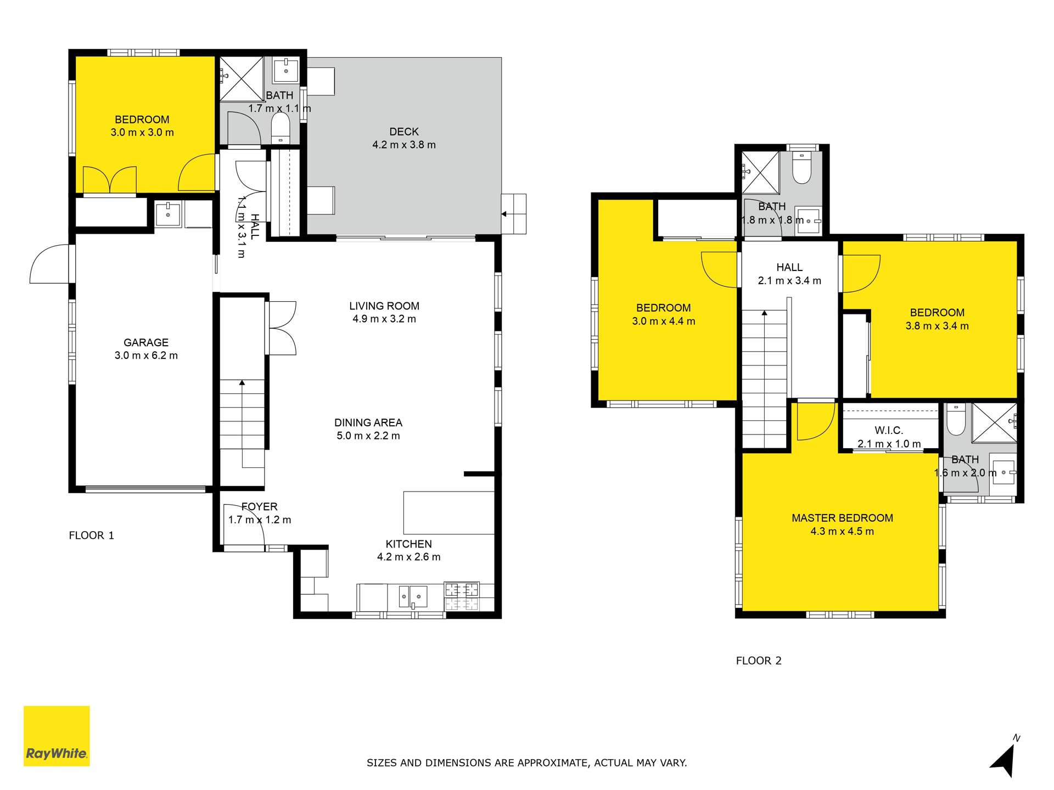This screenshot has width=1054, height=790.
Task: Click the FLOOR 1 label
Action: click(x=91, y=535)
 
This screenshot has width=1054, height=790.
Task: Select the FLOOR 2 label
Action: click(x=758, y=661)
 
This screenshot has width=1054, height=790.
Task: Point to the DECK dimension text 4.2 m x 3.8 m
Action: click(x=404, y=145)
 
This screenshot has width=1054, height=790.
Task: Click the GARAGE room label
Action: click(x=145, y=342)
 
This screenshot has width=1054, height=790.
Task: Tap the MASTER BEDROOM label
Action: click(x=842, y=518)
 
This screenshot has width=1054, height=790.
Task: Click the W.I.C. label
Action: click(x=888, y=431)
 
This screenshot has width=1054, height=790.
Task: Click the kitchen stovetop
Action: click(x=461, y=597)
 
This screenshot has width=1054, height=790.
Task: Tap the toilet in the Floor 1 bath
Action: click(x=280, y=127)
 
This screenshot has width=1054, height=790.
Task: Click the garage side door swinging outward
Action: click(x=51, y=265)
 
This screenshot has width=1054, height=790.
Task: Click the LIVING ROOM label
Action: click(x=384, y=306)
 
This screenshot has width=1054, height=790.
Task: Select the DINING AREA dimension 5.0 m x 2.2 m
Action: click(x=368, y=436)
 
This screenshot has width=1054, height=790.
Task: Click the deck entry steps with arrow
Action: click(x=514, y=214)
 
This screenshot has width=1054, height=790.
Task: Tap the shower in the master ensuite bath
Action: click(x=994, y=422)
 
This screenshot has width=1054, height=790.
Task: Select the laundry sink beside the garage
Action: click(x=167, y=214)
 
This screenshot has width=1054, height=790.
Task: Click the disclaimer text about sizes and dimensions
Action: click(x=526, y=763)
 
